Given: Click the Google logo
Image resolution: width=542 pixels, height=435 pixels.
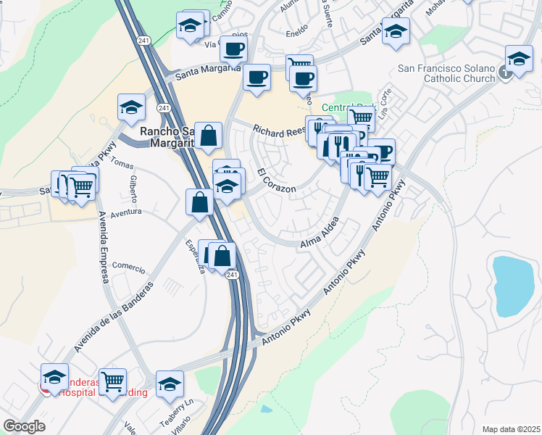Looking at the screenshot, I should coord(25,426).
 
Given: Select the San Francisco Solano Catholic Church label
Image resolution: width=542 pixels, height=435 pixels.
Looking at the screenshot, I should coord(446,73).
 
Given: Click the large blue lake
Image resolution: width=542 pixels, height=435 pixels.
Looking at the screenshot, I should coord(512,284).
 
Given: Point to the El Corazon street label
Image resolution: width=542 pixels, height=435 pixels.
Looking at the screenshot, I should coord(276,181).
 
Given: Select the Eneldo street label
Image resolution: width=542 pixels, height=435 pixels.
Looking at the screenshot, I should coord(296,33).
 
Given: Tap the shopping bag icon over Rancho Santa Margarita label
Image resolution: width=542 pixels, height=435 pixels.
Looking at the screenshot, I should coord(208,136).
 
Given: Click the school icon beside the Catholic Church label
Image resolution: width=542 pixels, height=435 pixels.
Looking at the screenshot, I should coord(519,59).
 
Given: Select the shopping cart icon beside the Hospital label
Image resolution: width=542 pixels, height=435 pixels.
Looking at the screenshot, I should coord(112,381).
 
